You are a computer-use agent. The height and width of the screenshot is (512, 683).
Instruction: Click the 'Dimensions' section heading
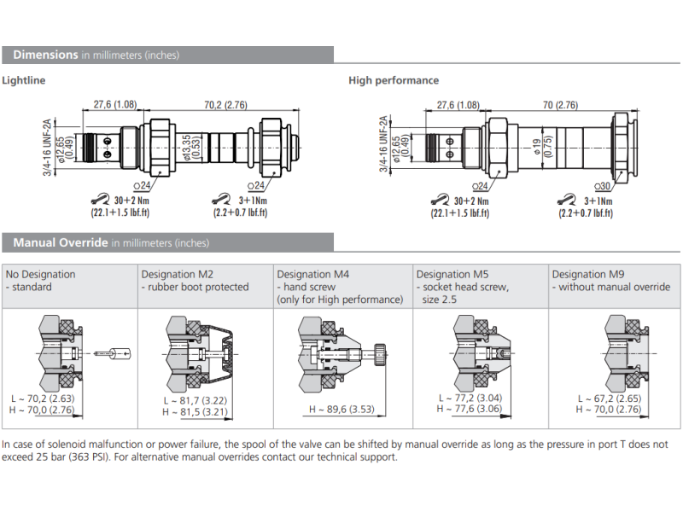(x=45, y=55)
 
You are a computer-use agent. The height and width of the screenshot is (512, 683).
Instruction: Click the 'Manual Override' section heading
(x=61, y=243)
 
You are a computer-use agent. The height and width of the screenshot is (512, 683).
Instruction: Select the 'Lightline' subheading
(x=24, y=81)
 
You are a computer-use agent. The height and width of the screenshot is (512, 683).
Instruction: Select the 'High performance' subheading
(x=394, y=81)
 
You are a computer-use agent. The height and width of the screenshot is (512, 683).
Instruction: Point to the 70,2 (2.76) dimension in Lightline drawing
(x=225, y=105)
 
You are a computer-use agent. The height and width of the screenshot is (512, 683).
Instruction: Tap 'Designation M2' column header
(x=177, y=274)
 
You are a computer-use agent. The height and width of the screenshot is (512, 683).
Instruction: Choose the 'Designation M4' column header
(x=313, y=274)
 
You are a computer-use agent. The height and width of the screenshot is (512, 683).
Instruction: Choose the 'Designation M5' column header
(x=452, y=274)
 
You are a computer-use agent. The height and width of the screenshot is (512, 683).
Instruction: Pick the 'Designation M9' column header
(x=589, y=274)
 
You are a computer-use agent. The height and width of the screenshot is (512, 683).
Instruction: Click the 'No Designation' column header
(x=40, y=274)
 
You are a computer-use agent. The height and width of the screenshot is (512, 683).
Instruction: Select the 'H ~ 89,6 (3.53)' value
(x=343, y=410)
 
